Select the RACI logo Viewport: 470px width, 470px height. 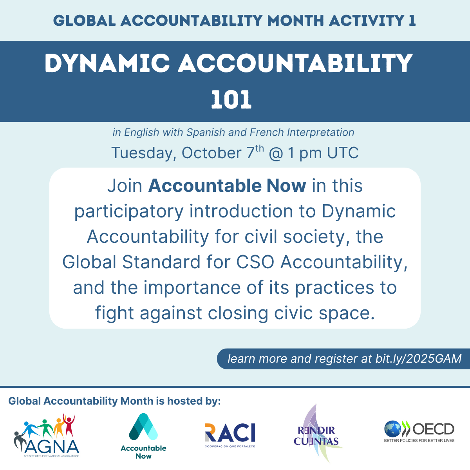pos(230,435)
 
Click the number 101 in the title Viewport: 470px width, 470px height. pos(231,100)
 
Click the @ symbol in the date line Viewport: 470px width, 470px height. pos(276,153)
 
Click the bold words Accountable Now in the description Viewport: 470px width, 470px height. pos(227,186)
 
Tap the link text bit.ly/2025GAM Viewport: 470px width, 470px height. pos(418,358)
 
